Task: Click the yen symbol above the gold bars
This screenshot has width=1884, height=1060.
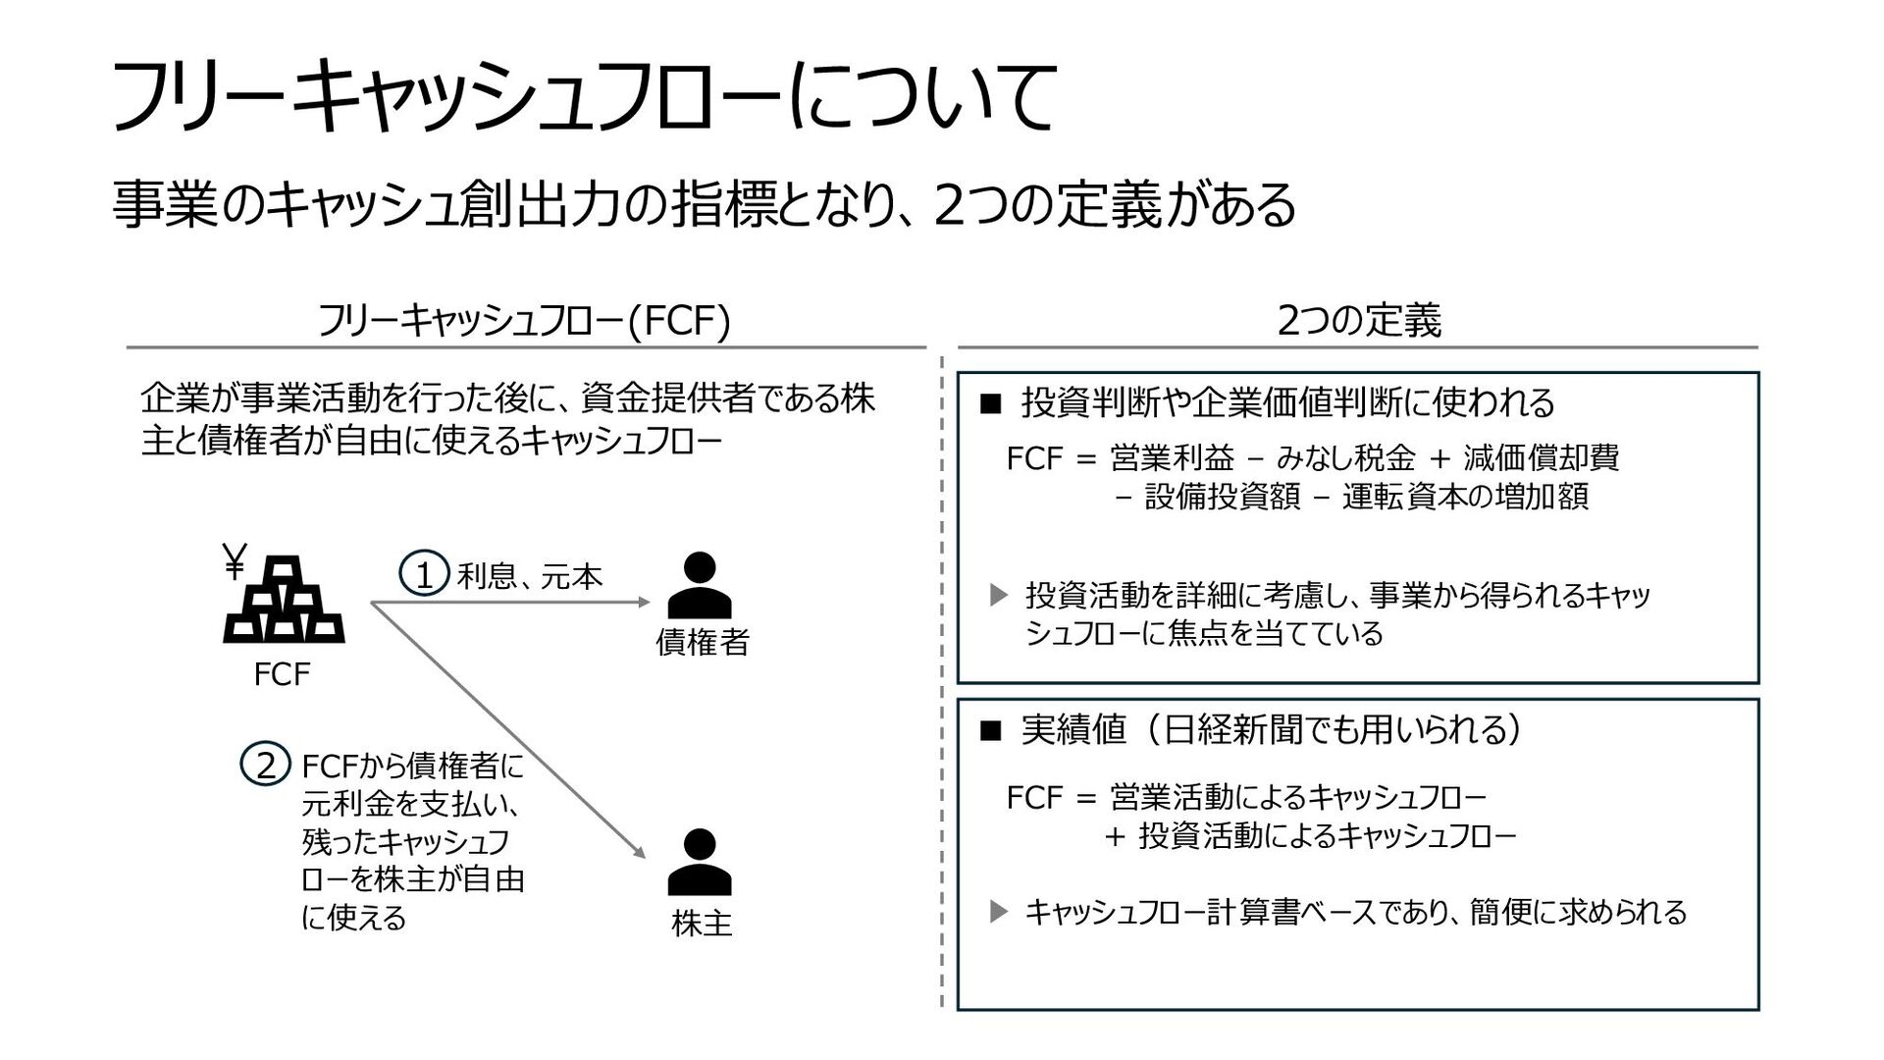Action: (235, 560)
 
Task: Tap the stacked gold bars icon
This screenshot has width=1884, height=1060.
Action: (285, 600)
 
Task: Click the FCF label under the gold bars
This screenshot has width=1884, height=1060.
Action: (282, 674)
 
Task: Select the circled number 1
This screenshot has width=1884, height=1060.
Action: (424, 575)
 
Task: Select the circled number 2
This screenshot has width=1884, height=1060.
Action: (265, 766)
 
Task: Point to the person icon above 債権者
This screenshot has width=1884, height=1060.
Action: (700, 585)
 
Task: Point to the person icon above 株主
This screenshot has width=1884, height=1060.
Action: (700, 863)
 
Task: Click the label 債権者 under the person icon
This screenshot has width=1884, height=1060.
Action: (703, 643)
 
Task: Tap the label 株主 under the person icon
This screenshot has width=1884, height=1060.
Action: (703, 924)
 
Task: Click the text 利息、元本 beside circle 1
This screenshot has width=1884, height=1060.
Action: (530, 576)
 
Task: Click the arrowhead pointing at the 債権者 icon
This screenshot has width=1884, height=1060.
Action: (645, 602)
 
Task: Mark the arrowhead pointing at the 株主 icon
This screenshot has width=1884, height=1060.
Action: (641, 852)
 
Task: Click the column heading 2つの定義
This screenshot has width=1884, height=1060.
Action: (1359, 321)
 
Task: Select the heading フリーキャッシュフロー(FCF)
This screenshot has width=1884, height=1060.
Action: (525, 321)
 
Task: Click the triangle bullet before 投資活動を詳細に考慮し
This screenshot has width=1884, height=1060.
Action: (998, 595)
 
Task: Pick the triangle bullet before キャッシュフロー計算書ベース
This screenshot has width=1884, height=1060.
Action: (998, 913)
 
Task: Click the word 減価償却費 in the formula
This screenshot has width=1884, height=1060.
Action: (1542, 457)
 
